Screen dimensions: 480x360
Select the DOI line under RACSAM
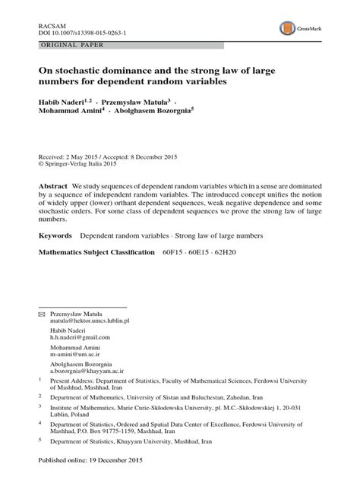[82, 34]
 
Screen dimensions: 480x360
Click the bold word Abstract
[53, 186]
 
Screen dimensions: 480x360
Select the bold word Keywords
[55, 237]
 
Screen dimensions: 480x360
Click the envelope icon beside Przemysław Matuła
[42, 313]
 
